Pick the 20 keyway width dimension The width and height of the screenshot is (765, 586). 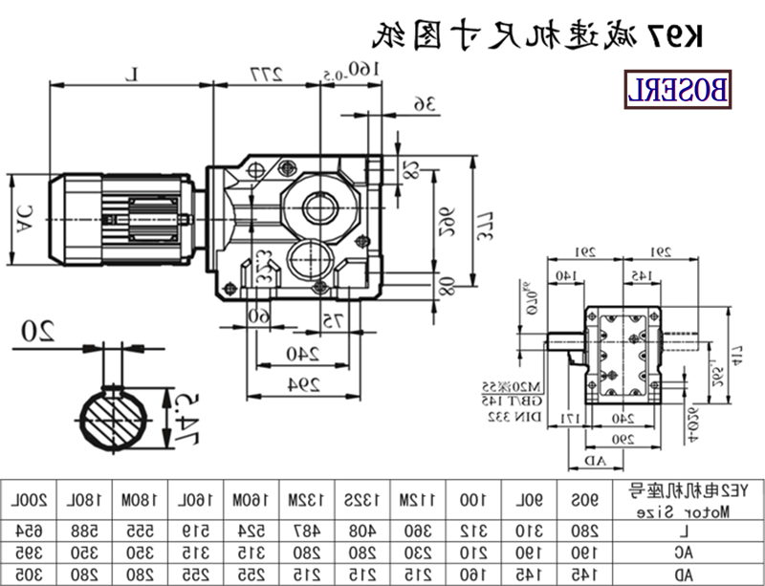[39, 331]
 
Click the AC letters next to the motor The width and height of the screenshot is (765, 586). [25, 219]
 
